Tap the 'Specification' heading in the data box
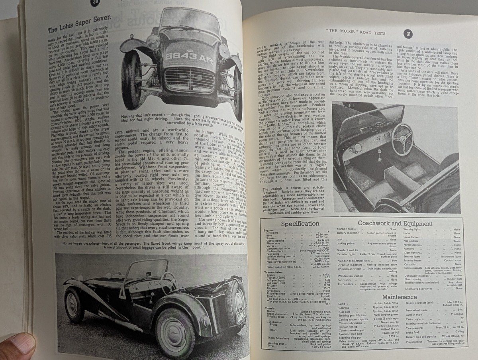pos(300,224)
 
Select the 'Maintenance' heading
pos(399,297)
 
